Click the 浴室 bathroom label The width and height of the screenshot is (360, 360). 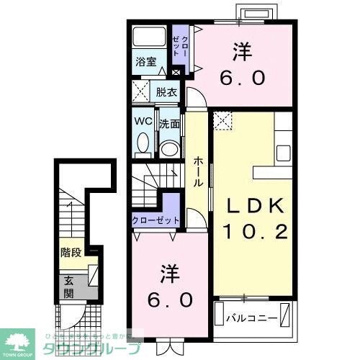146,62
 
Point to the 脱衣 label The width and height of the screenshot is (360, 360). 166,91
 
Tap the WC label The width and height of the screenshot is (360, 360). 142,122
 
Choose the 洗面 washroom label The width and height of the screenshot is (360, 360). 169,123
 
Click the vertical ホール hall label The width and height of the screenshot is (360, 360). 197,173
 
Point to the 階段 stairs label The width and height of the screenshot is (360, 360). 71,253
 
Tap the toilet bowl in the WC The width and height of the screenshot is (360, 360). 142,144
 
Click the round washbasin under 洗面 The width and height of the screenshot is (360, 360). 170,148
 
